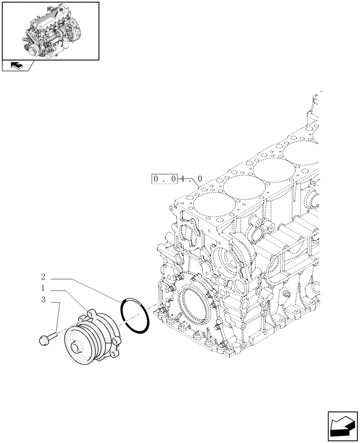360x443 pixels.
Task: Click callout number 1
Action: tap(43, 288)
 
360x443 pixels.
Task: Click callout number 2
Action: tap(43, 277)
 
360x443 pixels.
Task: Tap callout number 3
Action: tap(43, 300)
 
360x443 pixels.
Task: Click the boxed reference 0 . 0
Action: tap(165, 179)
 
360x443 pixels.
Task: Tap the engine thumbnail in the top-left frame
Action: tap(50, 30)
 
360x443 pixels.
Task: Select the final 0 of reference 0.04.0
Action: tap(200, 179)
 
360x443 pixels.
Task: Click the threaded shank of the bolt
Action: tap(54, 336)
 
